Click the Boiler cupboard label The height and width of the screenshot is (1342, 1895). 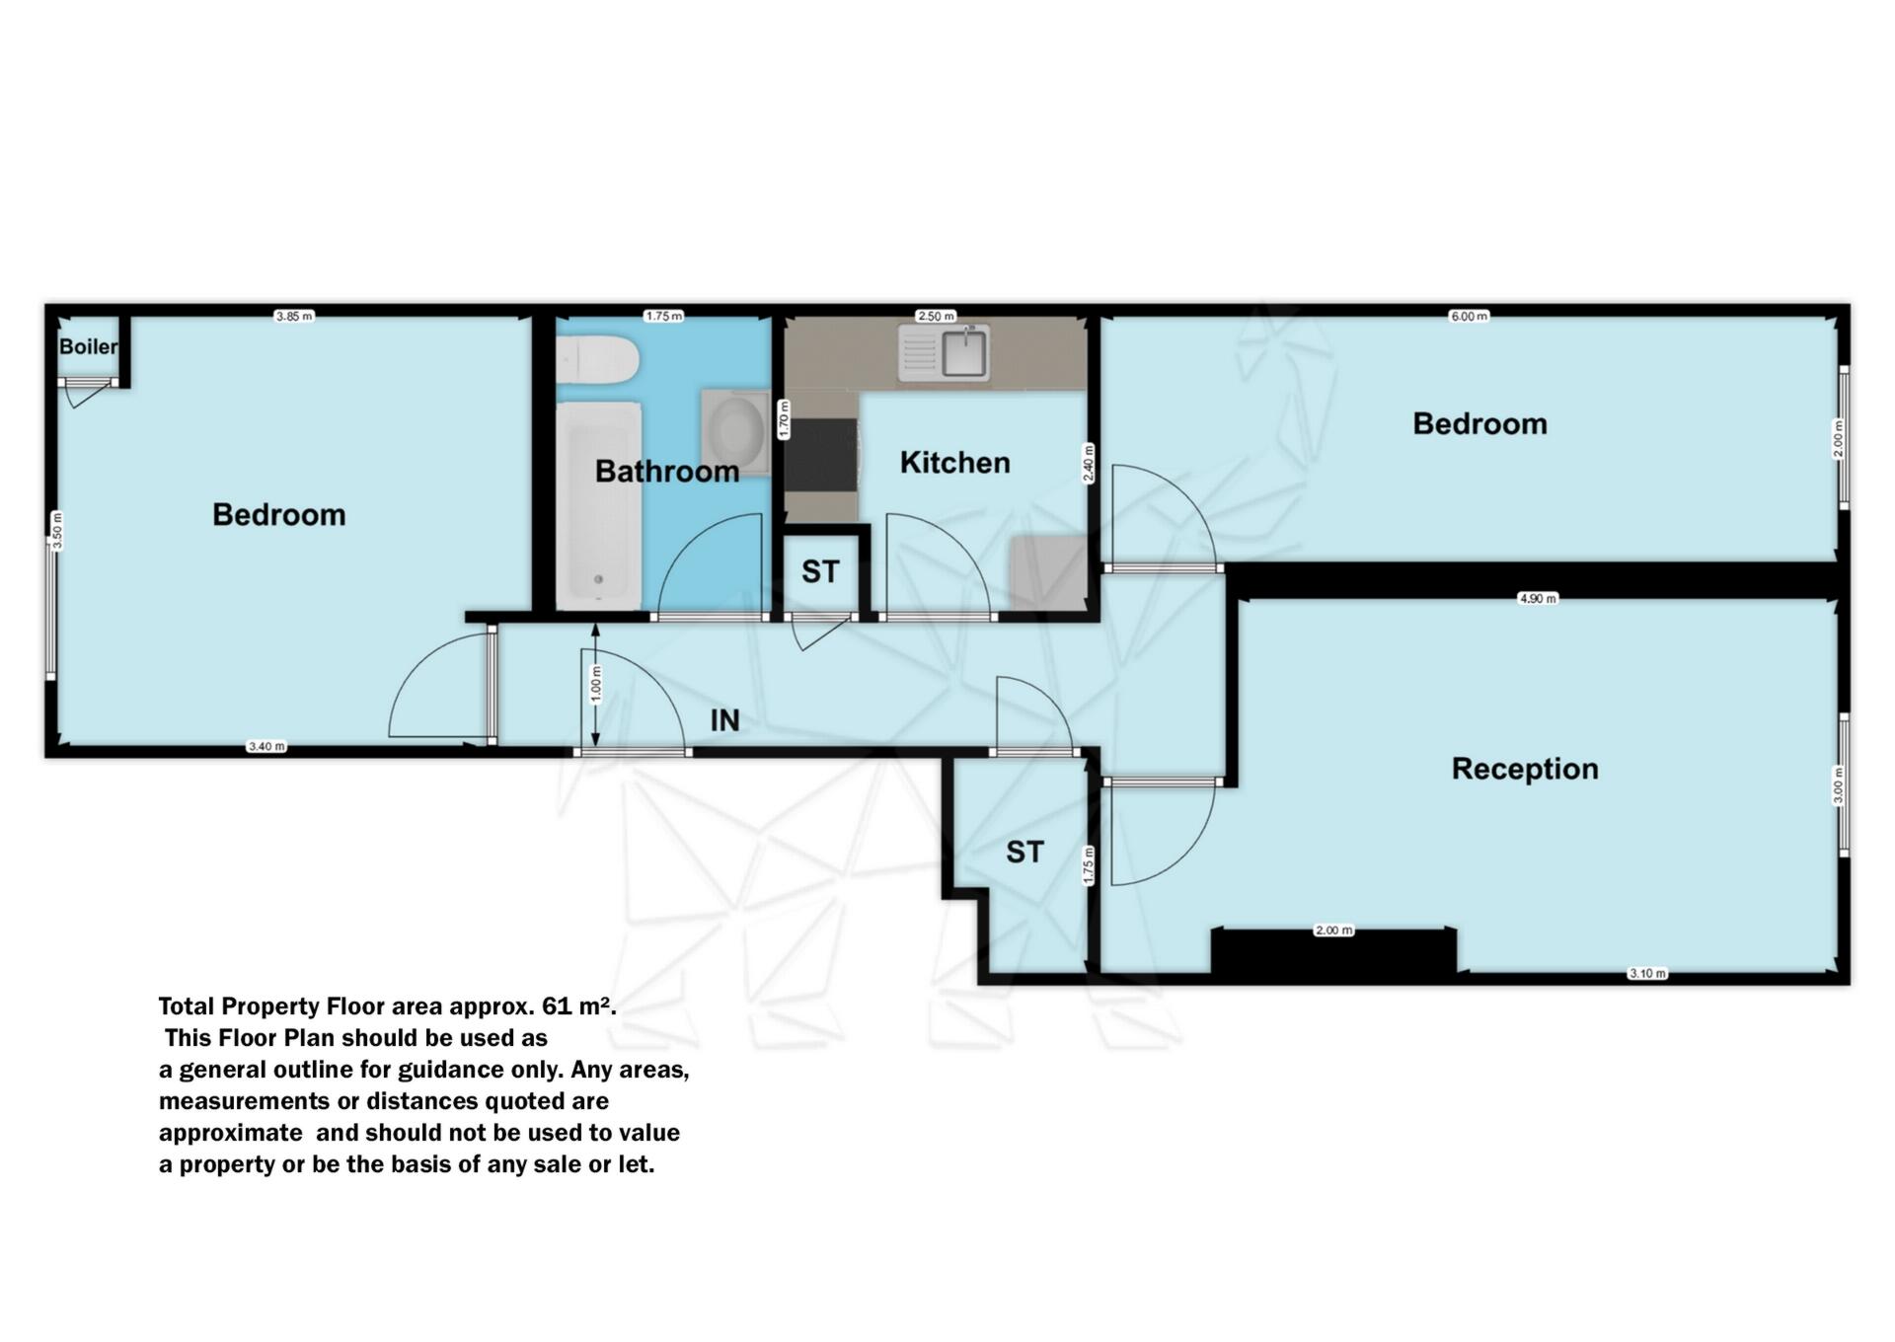click(88, 347)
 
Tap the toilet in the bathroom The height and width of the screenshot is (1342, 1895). click(596, 360)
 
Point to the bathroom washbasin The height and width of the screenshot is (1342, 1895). click(735, 432)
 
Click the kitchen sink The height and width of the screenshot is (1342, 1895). click(963, 354)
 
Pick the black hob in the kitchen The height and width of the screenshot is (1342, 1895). click(821, 454)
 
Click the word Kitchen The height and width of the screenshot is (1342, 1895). click(954, 463)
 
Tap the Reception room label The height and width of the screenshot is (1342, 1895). click(1524, 769)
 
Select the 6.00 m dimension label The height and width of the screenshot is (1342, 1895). click(1468, 317)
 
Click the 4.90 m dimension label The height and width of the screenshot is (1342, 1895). click(1537, 599)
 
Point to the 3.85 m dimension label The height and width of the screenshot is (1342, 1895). click(294, 317)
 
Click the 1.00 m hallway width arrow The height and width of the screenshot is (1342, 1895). click(595, 685)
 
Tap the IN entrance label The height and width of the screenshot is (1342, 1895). click(724, 720)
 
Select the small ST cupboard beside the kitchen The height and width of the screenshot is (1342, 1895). click(820, 572)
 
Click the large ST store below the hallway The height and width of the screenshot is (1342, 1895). click(1024, 853)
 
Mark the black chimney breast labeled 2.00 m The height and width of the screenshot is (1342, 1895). click(1332, 953)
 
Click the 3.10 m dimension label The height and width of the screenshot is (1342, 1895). click(1646, 973)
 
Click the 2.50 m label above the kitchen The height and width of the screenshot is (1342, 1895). click(936, 317)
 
